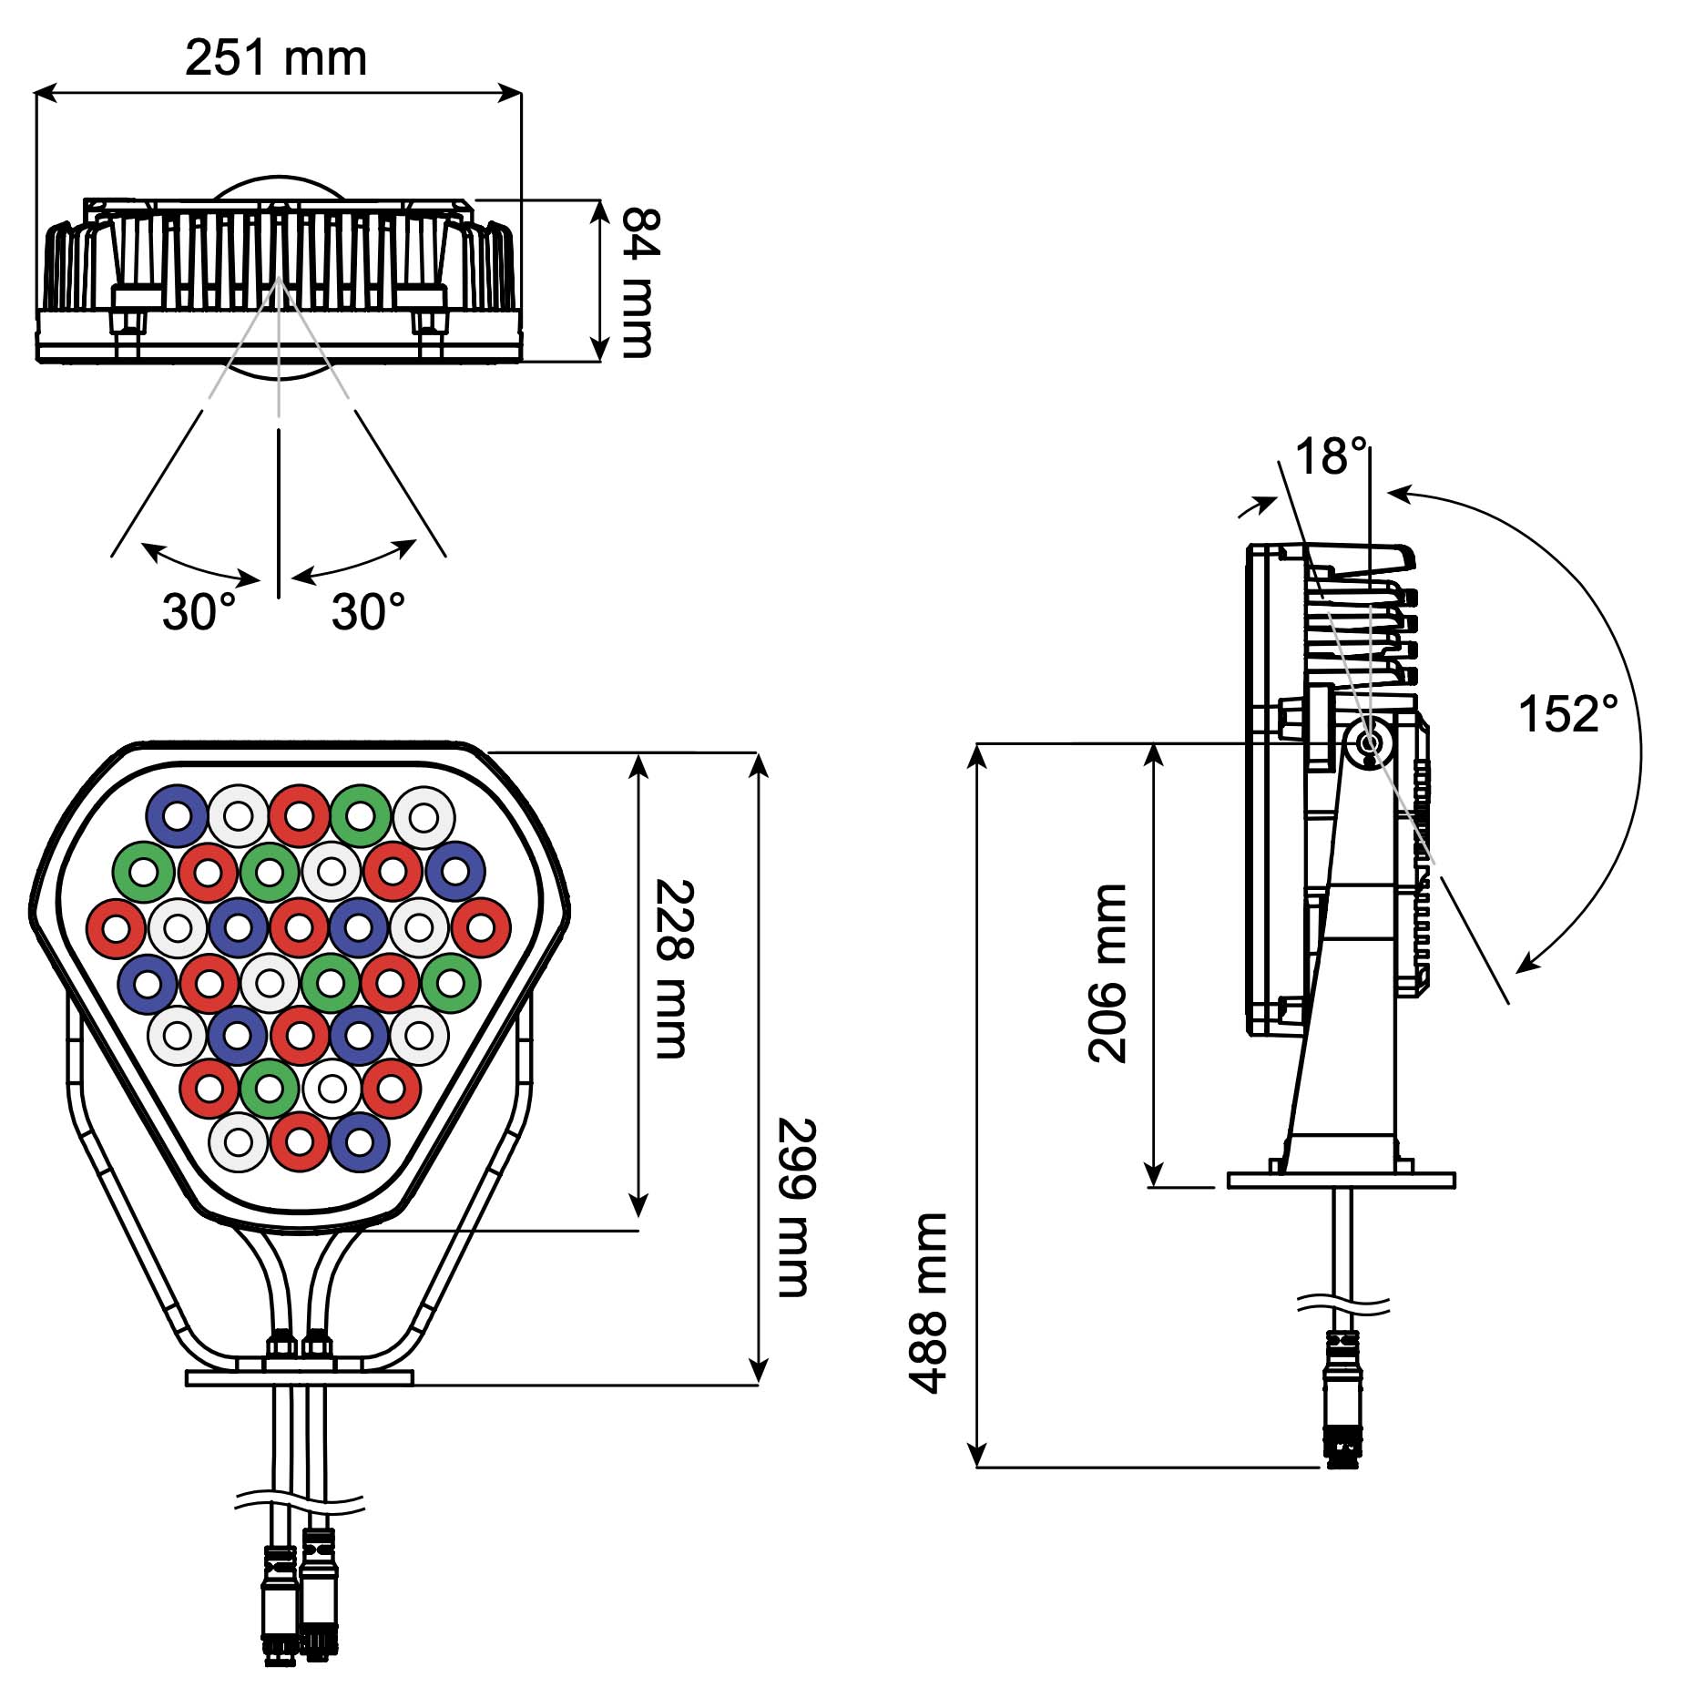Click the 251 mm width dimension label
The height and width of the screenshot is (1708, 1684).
(276, 59)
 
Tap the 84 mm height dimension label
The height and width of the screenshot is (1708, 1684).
(638, 282)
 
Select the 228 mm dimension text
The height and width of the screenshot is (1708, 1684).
(674, 968)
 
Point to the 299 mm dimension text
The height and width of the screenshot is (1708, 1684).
(795, 1207)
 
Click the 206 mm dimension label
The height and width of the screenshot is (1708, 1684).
(1107, 973)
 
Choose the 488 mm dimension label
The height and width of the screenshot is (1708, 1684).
(928, 1303)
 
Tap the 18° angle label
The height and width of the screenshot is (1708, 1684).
(1331, 456)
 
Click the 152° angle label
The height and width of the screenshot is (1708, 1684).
(1568, 713)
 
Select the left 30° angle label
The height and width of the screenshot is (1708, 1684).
(199, 611)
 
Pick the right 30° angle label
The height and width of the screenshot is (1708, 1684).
(368, 611)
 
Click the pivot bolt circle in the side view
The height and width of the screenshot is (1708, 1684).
(1369, 744)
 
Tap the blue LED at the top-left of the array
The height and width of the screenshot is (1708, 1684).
(177, 815)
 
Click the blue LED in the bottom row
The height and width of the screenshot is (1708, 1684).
(360, 1142)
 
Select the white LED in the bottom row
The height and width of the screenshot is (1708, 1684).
(239, 1142)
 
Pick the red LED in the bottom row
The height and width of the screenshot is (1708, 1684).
(300, 1142)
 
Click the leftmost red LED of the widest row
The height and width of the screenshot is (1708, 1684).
(117, 928)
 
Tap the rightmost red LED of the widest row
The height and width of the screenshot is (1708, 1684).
(481, 928)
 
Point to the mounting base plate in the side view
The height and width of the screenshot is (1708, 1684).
(1341, 1180)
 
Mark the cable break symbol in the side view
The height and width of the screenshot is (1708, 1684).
(1343, 1306)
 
